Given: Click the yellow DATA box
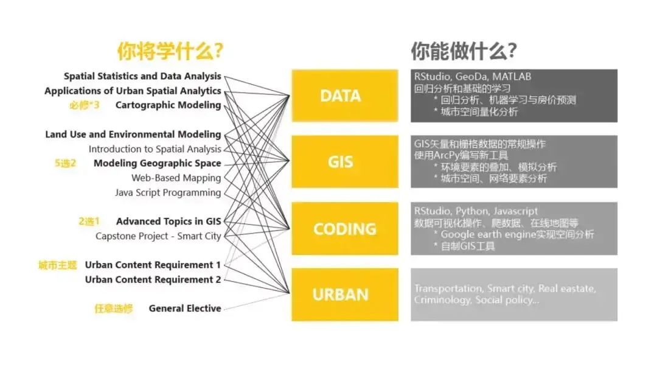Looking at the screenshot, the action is pyautogui.click(x=345, y=96).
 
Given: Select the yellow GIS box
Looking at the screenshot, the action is pyautogui.click(x=345, y=161).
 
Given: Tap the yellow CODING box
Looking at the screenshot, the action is pyautogui.click(x=345, y=229).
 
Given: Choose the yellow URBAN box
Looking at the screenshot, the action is pyautogui.click(x=345, y=295).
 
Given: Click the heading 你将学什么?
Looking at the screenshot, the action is pyautogui.click(x=170, y=51).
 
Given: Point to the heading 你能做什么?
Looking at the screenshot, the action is pyautogui.click(x=464, y=51).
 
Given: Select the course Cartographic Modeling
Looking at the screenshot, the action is pyautogui.click(x=168, y=105).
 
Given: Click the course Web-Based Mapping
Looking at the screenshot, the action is pyautogui.click(x=176, y=178).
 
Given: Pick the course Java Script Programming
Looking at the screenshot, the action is pyautogui.click(x=168, y=192).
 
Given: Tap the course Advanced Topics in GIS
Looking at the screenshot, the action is pyautogui.click(x=169, y=222).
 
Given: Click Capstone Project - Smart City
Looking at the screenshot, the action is pyautogui.click(x=158, y=236).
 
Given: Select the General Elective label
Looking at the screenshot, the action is pyautogui.click(x=185, y=309).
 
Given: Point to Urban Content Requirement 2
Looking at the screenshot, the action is pyautogui.click(x=153, y=279).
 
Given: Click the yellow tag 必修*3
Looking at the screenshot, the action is pyautogui.click(x=84, y=105).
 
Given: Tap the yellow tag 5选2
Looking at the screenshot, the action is pyautogui.click(x=65, y=163).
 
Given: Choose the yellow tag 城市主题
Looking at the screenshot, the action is pyautogui.click(x=58, y=265).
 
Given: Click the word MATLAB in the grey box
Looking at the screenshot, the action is pyautogui.click(x=512, y=77).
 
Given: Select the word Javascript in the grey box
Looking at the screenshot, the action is pyautogui.click(x=515, y=211).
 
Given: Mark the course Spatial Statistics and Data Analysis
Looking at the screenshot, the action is pyautogui.click(x=142, y=76).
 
